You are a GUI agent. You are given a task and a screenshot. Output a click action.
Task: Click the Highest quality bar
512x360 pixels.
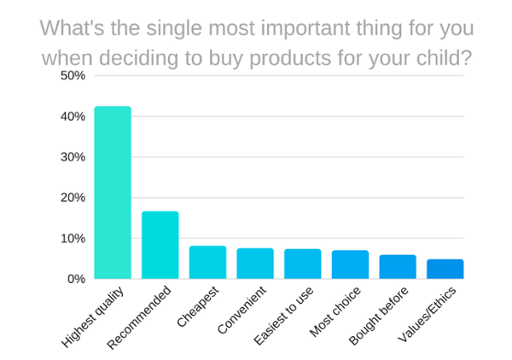(x=113, y=193)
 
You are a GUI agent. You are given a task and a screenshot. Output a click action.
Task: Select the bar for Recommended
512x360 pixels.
(x=160, y=245)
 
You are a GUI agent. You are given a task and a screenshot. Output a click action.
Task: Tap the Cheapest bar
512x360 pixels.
(x=207, y=263)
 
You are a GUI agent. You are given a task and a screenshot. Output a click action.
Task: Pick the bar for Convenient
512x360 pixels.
(x=255, y=264)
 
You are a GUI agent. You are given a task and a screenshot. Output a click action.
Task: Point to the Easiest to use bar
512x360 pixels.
(x=303, y=264)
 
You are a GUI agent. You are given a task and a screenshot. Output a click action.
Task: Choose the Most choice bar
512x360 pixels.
(x=350, y=264)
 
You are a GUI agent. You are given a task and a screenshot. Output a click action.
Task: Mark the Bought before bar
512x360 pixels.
(x=398, y=267)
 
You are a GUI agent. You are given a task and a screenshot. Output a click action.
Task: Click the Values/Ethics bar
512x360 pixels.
(x=445, y=269)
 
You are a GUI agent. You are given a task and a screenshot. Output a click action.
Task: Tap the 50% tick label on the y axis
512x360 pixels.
(x=73, y=76)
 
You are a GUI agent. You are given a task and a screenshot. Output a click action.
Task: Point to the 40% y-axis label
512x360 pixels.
(x=73, y=117)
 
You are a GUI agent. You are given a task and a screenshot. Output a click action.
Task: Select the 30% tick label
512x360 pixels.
(x=73, y=157)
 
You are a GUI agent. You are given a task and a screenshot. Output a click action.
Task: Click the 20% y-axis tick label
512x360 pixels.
(x=73, y=198)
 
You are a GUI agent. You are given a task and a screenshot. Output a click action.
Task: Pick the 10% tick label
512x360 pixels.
(x=73, y=238)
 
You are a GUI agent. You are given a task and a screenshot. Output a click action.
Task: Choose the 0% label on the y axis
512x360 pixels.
(x=77, y=279)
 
